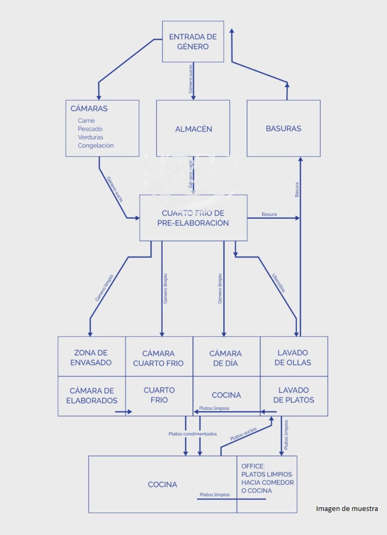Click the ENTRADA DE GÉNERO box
[x=193, y=41]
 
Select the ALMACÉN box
[x=193, y=129]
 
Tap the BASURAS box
[x=283, y=128]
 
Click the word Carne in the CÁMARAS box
[x=86, y=121]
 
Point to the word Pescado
[x=90, y=129]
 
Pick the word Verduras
[x=90, y=137]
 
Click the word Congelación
[x=95, y=145]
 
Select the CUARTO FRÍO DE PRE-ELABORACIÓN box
[x=193, y=218]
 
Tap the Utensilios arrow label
[x=278, y=283]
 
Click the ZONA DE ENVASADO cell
[x=91, y=357]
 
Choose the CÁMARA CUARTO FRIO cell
[x=158, y=358]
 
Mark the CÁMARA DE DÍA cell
[x=225, y=358]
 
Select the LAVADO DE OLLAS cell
[x=293, y=357]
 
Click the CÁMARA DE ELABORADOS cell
[x=92, y=396]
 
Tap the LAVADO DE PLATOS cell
[x=294, y=395]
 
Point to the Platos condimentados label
[x=193, y=434]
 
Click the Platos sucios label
[x=243, y=434]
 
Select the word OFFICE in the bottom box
[x=253, y=466]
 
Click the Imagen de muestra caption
[x=347, y=509]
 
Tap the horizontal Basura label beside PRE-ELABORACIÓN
[x=269, y=214]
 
